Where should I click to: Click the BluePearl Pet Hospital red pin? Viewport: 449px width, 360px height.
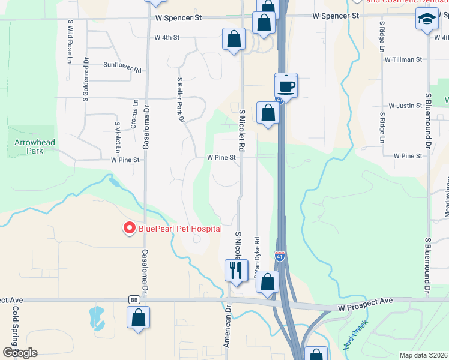point(128,228)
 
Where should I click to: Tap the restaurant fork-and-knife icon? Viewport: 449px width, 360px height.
point(235,270)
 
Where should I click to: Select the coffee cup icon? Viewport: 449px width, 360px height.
point(286,85)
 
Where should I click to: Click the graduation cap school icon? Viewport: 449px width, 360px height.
point(427,20)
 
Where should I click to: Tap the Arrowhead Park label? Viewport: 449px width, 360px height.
point(29,146)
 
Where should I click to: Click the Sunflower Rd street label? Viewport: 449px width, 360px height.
point(122,67)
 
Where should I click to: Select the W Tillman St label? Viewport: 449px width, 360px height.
point(404,59)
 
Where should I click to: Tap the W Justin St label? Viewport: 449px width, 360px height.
point(405,106)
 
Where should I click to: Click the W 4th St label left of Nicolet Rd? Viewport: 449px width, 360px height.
point(167,37)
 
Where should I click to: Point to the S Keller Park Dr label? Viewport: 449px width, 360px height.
point(179,100)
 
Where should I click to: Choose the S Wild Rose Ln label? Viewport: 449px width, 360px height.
point(70,43)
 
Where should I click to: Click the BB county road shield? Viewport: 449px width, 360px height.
point(134,299)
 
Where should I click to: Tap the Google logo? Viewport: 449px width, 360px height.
point(20,353)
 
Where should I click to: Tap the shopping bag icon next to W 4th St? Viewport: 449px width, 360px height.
point(234,40)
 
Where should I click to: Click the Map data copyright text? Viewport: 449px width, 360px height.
point(424,355)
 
